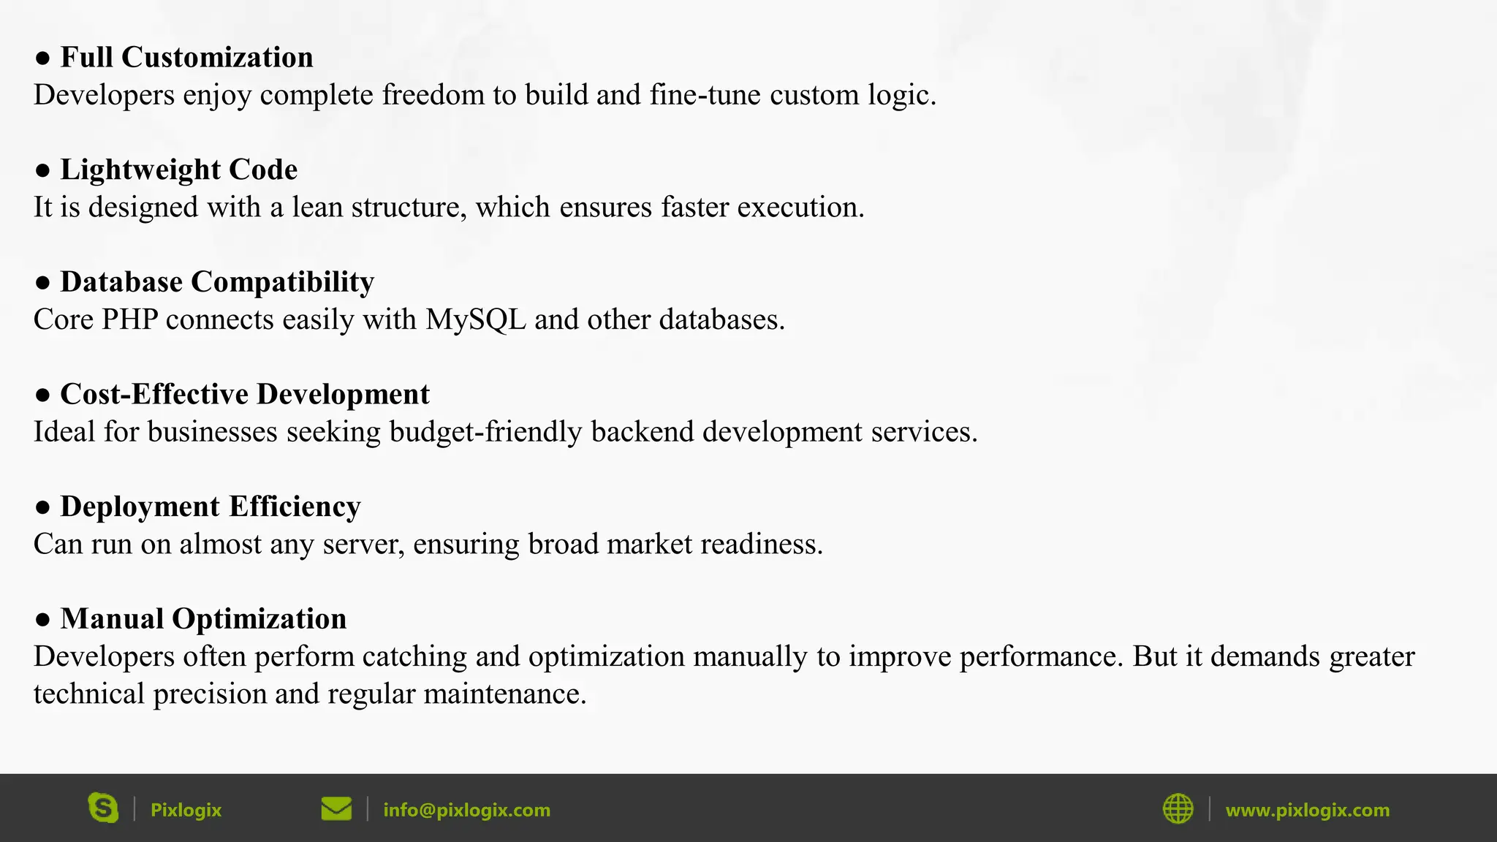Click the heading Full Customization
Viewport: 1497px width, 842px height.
186,57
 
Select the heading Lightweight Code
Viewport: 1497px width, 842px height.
178,170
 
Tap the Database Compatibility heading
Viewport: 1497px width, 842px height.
217,282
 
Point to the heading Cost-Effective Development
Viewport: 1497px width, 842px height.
244,394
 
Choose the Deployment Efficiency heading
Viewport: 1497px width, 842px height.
210,507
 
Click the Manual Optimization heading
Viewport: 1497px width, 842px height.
203,619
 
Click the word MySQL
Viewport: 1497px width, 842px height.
476,320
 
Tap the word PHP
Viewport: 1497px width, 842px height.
129,320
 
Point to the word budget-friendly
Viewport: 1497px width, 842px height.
485,432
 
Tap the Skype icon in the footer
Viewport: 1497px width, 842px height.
103,808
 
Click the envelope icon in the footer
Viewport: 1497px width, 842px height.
336,809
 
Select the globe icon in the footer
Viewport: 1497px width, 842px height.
1178,809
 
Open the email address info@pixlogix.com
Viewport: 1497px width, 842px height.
466,810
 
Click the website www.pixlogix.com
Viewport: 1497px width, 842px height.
1307,810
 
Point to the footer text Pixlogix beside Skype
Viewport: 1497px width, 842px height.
186,810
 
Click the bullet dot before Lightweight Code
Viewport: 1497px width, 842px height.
42,170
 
